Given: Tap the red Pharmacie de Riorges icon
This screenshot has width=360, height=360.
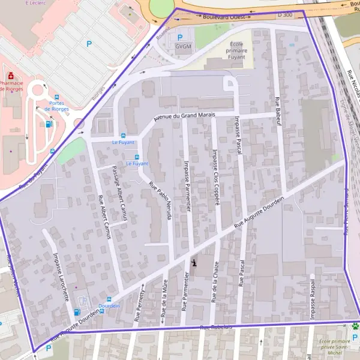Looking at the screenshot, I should coord(11,77).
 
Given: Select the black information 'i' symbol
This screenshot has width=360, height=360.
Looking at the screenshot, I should coord(194,262).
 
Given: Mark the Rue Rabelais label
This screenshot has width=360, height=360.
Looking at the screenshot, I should coord(216,328).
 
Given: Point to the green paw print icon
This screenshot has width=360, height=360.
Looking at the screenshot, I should coord(355,326).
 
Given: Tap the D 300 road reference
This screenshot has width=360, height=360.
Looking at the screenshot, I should coord(285,13).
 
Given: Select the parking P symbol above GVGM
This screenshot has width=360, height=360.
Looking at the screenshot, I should coord(180,37).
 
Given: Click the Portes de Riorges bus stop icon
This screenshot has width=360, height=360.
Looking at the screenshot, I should coord(57,96).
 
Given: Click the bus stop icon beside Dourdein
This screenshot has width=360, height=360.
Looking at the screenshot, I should coord(109,299).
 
